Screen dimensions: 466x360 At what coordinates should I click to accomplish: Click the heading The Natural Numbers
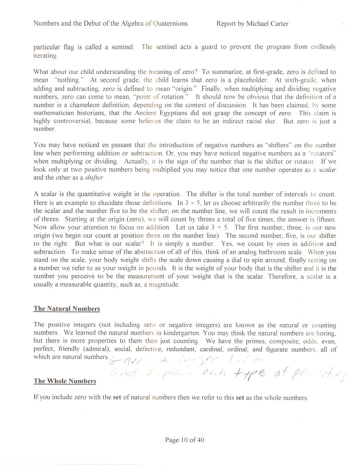[67, 309]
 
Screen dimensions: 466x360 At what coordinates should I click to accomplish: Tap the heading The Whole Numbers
[65, 381]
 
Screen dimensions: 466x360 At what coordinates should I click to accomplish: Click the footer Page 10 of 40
[184, 440]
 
